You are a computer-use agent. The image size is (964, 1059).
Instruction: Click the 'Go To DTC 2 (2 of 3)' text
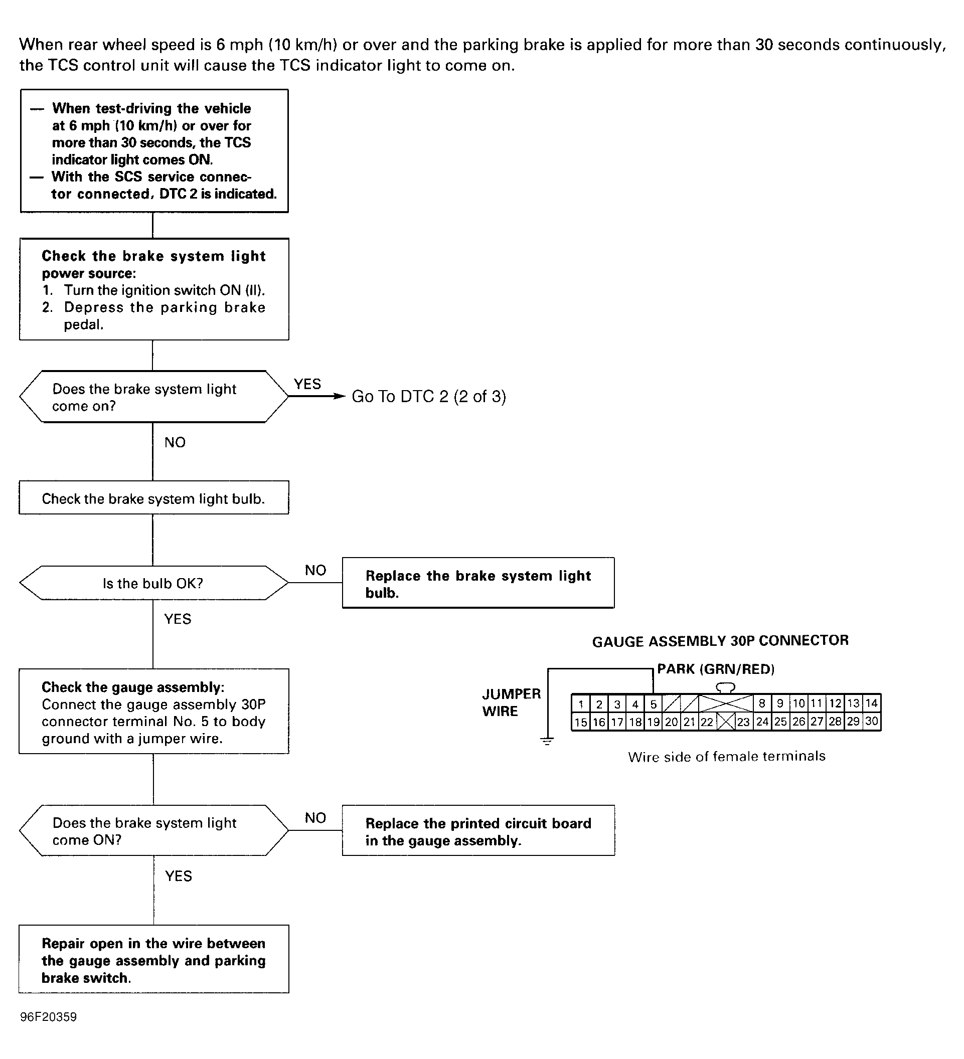click(429, 396)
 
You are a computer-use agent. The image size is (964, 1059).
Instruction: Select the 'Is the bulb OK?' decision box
click(154, 583)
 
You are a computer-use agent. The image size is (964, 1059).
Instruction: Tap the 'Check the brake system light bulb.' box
click(154, 497)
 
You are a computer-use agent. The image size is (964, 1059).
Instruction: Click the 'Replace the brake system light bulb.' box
click(478, 583)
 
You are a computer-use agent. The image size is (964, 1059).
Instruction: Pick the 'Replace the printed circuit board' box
click(478, 830)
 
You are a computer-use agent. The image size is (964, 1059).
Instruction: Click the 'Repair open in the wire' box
click(154, 959)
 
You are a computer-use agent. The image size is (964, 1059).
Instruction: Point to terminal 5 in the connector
click(653, 704)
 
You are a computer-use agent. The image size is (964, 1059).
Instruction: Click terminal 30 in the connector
click(872, 721)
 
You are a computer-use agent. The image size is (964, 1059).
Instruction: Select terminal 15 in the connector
click(580, 722)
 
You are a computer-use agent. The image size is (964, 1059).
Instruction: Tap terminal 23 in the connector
click(743, 722)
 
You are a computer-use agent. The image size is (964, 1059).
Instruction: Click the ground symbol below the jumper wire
click(547, 741)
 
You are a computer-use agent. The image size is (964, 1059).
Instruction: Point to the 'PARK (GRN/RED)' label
click(716, 669)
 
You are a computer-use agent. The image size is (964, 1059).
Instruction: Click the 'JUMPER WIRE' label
click(511, 702)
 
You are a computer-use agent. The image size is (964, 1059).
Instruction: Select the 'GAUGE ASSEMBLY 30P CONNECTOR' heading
click(720, 641)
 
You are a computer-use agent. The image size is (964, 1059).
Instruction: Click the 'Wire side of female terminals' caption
click(727, 757)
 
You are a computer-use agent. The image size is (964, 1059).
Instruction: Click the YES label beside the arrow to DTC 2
click(307, 384)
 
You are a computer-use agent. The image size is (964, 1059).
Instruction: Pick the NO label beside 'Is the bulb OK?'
click(315, 570)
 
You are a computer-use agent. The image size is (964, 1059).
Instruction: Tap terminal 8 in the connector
click(762, 704)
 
